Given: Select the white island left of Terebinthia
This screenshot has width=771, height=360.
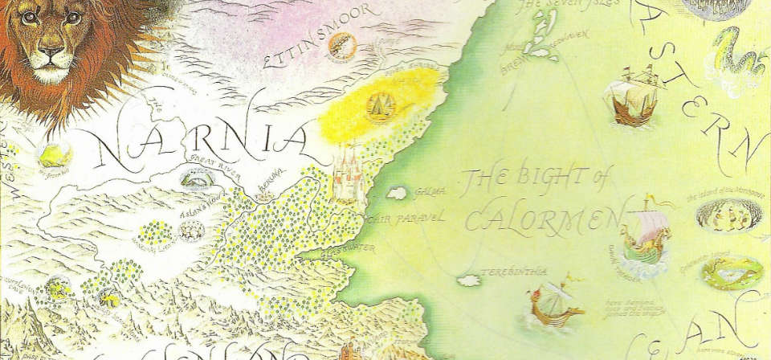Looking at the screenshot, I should (467, 280).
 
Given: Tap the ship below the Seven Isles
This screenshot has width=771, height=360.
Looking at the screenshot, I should (630, 100).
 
